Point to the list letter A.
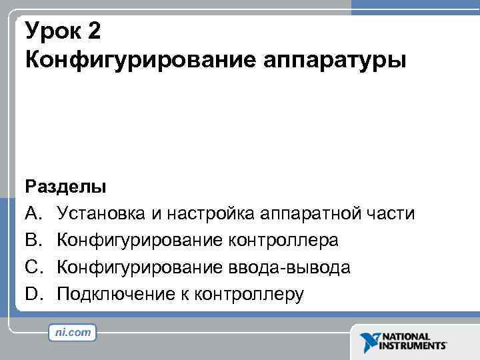[33, 213]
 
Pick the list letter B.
[33, 240]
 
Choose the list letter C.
[33, 267]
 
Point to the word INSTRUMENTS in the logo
[412, 346]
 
